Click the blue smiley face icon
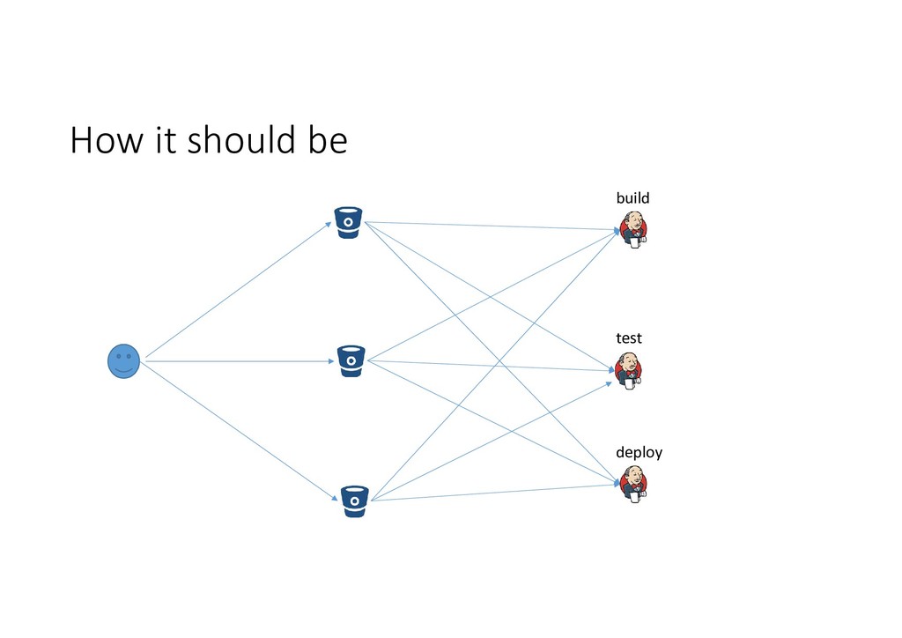click(x=123, y=361)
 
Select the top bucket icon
click(x=349, y=222)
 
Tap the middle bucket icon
click(x=351, y=361)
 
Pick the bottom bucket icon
click(x=354, y=501)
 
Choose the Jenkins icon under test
click(x=629, y=371)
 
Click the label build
click(x=632, y=198)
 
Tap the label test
click(x=628, y=338)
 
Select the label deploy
click(x=639, y=452)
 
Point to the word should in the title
click(x=242, y=141)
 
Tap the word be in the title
click(x=328, y=141)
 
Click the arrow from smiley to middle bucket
click(x=238, y=360)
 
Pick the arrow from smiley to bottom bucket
click(x=238, y=431)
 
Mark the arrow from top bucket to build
click(x=493, y=226)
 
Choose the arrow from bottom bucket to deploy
click(x=493, y=493)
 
